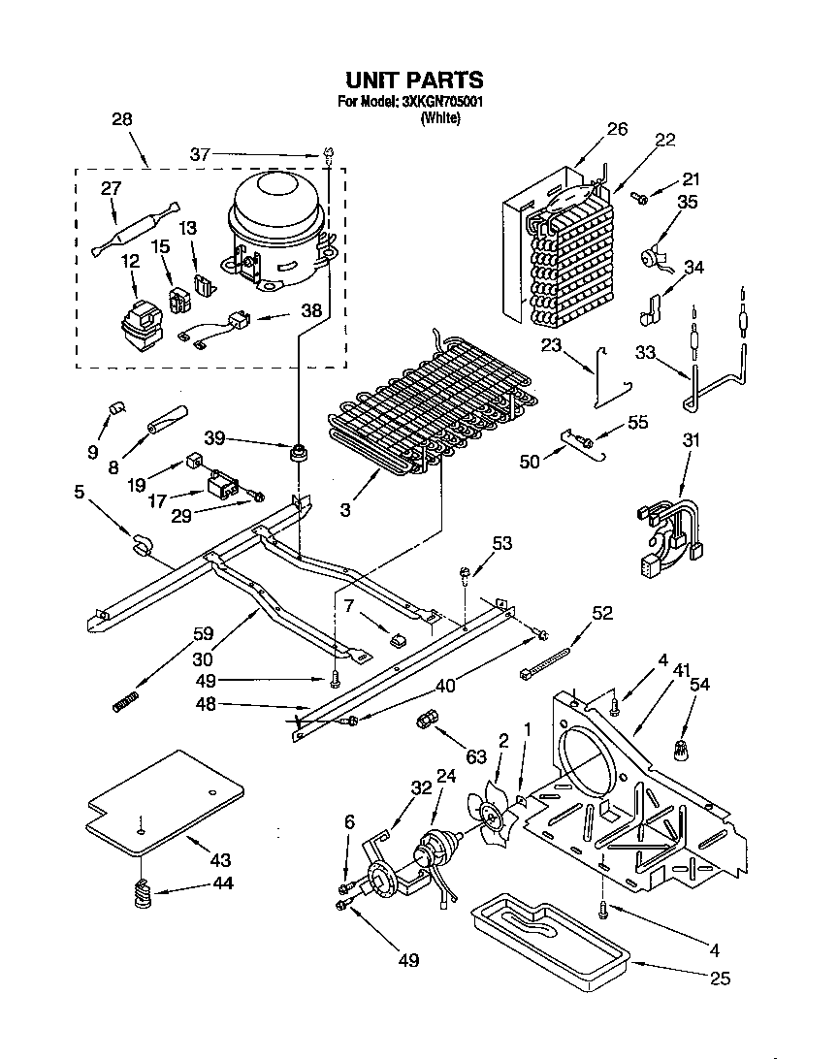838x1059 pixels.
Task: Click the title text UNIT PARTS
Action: (414, 80)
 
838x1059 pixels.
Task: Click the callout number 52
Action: (602, 612)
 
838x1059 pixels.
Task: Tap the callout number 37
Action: (200, 154)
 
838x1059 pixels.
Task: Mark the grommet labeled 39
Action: (300, 453)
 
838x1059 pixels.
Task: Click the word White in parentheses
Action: (439, 118)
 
